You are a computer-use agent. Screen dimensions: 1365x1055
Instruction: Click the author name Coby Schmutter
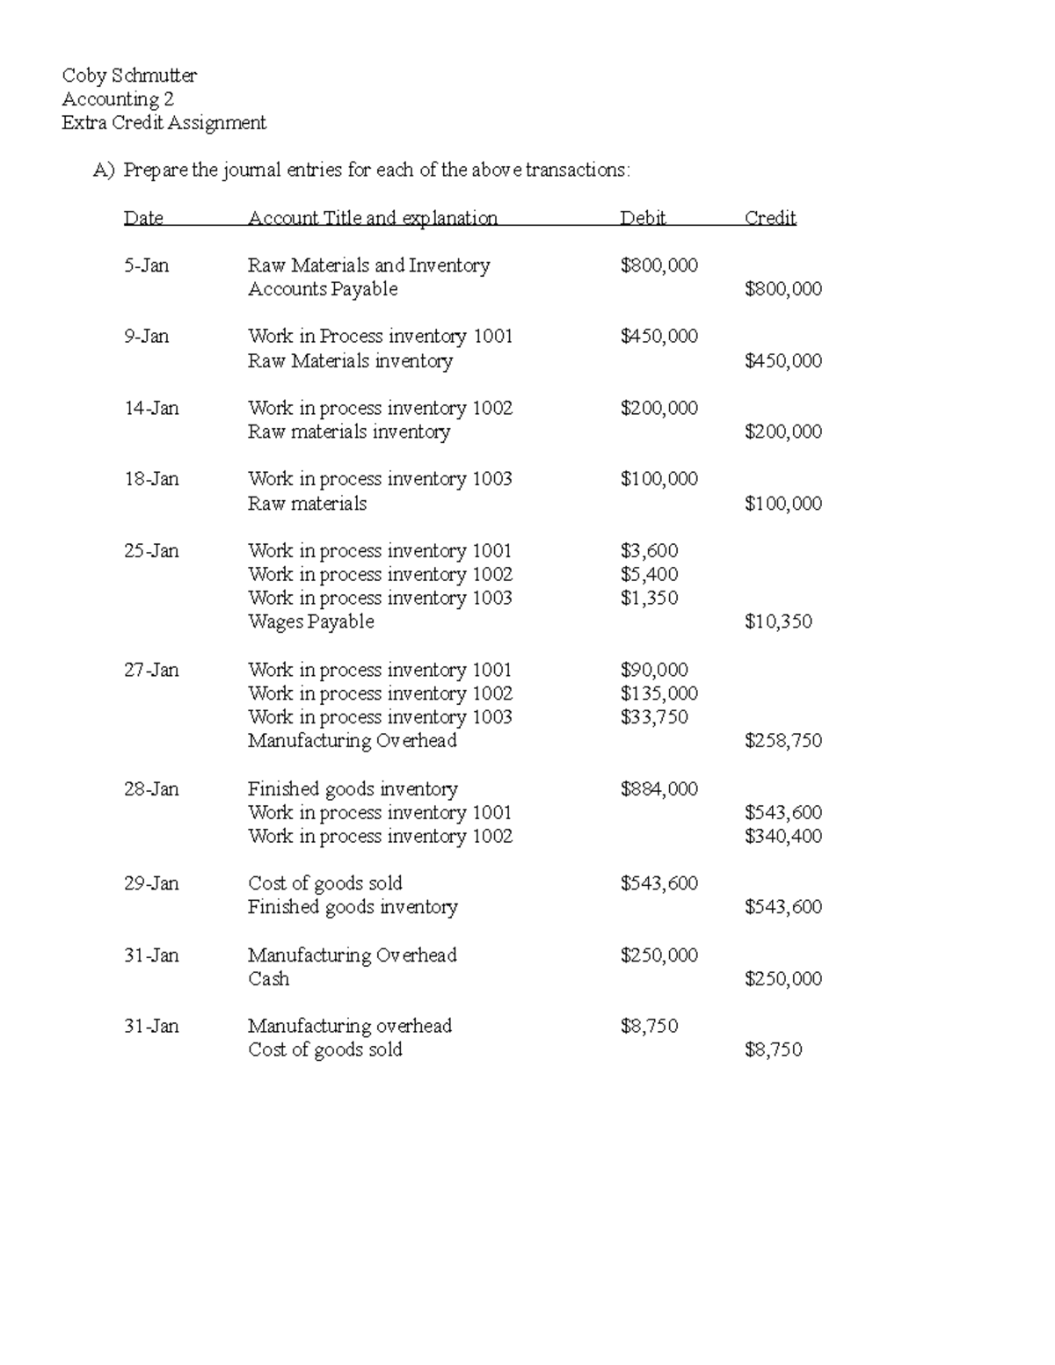[x=129, y=76]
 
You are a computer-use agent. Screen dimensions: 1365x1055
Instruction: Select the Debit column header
[x=643, y=218]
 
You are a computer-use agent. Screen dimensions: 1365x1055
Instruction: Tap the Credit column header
[x=769, y=218]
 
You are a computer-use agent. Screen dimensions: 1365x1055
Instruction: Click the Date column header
[x=143, y=218]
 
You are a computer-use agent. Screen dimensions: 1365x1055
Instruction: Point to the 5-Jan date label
[x=146, y=265]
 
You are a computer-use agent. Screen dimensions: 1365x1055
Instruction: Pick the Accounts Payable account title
[x=323, y=289]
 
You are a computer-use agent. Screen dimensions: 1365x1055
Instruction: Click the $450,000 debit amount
[x=658, y=337]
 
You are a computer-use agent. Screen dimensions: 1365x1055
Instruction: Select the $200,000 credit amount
[x=782, y=432]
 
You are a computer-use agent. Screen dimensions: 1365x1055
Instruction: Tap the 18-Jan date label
[x=151, y=479]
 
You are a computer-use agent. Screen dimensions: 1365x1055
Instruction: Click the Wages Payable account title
[x=310, y=621]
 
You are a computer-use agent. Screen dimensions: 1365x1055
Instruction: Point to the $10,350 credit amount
[x=777, y=621]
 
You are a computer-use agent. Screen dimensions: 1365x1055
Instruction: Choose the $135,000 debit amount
[x=658, y=693]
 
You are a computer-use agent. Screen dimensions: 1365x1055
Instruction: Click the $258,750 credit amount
[x=782, y=741]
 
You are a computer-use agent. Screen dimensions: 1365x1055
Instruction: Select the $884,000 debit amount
[x=658, y=789]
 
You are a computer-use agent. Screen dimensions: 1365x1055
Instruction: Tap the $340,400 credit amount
[x=782, y=836]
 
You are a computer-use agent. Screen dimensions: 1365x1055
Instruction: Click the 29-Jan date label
[x=151, y=883]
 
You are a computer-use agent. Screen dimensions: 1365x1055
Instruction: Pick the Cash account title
[x=268, y=979]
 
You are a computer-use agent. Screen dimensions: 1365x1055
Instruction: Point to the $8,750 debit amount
[x=649, y=1026]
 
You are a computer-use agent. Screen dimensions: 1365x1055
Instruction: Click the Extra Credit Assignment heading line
[x=164, y=123]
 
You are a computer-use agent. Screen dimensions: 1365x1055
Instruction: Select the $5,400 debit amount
[x=649, y=575]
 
